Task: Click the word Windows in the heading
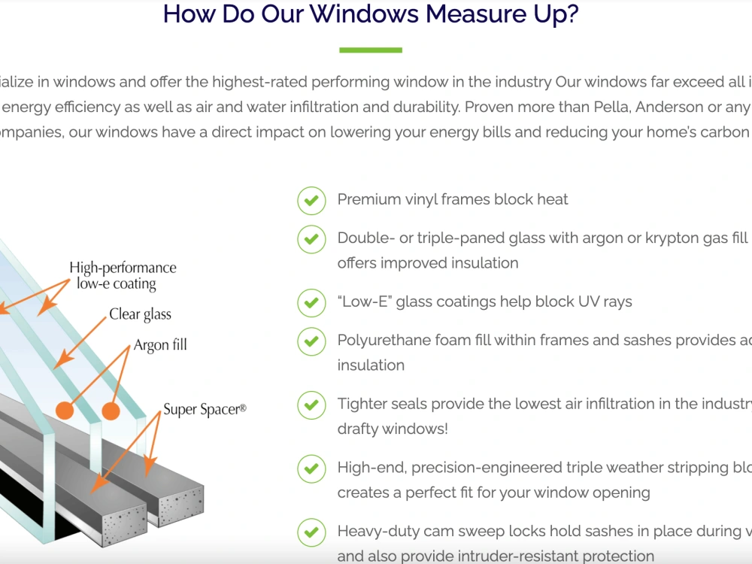click(x=365, y=14)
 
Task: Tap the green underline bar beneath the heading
click(x=371, y=50)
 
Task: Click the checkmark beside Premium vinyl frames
click(x=311, y=201)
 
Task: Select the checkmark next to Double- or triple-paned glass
click(x=311, y=239)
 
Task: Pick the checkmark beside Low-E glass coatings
click(x=311, y=302)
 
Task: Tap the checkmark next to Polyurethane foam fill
click(x=311, y=341)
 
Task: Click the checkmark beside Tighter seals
click(x=311, y=405)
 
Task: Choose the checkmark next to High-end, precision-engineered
click(x=311, y=468)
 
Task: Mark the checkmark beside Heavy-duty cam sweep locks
click(x=311, y=532)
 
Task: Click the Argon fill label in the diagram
click(x=160, y=345)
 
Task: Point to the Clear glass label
click(x=140, y=314)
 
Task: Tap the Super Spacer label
click(x=205, y=410)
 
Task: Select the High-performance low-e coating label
click(x=123, y=276)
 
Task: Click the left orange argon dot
click(x=65, y=411)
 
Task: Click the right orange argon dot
click(x=111, y=411)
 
